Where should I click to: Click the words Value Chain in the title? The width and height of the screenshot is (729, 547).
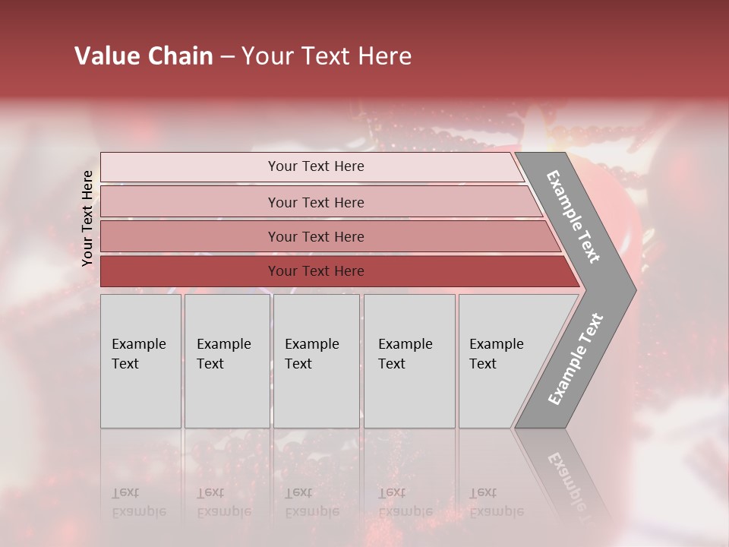(x=144, y=56)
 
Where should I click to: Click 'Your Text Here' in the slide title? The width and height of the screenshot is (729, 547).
(x=327, y=56)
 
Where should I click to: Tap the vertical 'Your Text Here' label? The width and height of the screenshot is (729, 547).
(x=87, y=218)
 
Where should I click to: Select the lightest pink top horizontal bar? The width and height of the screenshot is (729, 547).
(x=190, y=167)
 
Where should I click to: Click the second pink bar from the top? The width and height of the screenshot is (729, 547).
(x=190, y=202)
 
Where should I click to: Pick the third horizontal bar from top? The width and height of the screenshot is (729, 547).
(x=190, y=236)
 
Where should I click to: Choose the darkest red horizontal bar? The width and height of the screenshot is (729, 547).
(x=190, y=271)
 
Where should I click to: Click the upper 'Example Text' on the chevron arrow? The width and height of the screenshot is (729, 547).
(x=573, y=217)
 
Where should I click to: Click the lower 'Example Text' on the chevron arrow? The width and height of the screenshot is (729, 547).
(x=576, y=359)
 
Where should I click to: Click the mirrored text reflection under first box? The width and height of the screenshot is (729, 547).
(x=138, y=502)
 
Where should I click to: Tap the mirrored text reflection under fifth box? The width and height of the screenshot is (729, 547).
(x=496, y=502)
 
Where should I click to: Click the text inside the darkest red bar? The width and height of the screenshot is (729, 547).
(x=316, y=271)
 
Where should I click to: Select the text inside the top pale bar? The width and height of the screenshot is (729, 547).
(x=316, y=166)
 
